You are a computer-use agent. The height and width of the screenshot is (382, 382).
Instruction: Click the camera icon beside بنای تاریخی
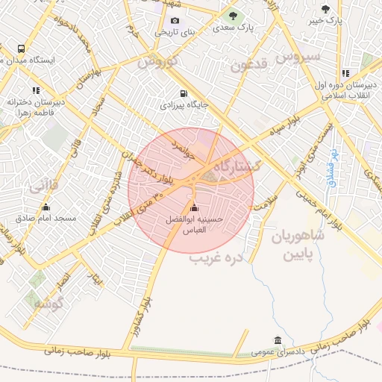175,20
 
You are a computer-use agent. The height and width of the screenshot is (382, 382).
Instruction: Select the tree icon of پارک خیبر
325,9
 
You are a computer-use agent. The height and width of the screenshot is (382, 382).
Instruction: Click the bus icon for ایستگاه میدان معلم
20,50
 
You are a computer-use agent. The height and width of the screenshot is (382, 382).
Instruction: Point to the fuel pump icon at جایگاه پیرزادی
182,94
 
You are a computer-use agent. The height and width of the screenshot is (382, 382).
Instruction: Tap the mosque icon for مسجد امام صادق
46,207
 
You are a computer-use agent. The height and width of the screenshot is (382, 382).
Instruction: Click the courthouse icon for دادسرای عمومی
278,341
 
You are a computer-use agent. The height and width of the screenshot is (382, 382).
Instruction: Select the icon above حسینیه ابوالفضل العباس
195,208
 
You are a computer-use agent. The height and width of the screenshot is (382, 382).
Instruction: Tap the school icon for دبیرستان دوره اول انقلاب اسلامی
345,73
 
